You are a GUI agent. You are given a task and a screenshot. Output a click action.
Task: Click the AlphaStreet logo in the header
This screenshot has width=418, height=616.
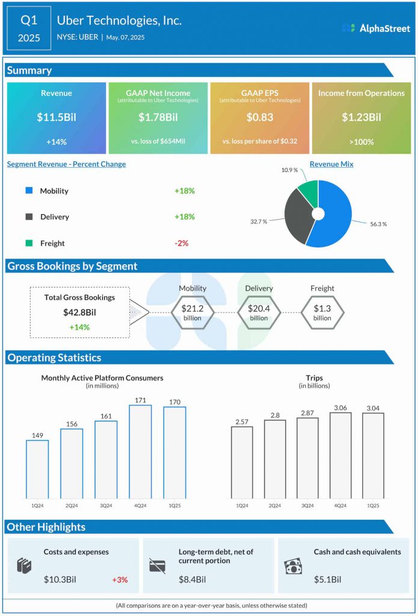[x=376, y=28]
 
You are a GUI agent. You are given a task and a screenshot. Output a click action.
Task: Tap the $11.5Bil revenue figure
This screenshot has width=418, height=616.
[x=57, y=117]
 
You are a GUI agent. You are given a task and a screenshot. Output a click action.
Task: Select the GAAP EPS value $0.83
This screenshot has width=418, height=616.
[x=260, y=117]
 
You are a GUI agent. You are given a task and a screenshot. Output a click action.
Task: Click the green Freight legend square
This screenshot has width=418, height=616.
[x=29, y=243]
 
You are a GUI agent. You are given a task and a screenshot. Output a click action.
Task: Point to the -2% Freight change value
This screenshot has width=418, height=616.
[x=182, y=243]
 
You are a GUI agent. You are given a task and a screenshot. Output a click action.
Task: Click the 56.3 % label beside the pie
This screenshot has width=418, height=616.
[x=378, y=224]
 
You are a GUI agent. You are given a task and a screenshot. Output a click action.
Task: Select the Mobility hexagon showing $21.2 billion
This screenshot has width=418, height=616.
[x=192, y=312]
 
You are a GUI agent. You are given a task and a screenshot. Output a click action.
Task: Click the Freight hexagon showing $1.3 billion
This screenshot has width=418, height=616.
[x=322, y=312]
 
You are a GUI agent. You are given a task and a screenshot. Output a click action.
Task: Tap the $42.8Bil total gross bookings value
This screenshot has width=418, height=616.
[x=79, y=312]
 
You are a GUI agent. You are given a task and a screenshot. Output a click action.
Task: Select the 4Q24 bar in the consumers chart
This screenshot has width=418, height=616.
[x=141, y=451]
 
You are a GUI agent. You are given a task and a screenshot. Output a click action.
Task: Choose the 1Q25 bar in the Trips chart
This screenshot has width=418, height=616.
[x=373, y=455]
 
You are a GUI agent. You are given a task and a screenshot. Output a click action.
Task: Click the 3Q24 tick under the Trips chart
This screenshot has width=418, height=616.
[x=307, y=506]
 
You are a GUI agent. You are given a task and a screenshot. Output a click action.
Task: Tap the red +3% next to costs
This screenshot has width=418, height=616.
[x=120, y=580]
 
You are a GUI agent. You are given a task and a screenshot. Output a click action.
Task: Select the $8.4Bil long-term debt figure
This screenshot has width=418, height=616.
[x=192, y=580]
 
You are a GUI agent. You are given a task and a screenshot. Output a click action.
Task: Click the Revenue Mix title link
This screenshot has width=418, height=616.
[x=331, y=164]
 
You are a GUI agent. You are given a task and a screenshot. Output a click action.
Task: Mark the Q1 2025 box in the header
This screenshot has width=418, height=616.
[x=29, y=29]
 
